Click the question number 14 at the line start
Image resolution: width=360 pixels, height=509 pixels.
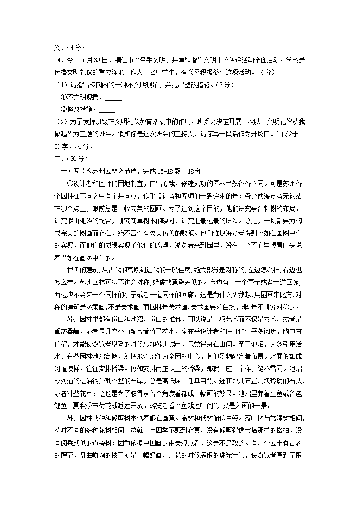(x=58, y=59)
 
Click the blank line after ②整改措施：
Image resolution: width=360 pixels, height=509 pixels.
(x=107, y=110)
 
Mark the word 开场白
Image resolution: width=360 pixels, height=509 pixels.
(x=263, y=134)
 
